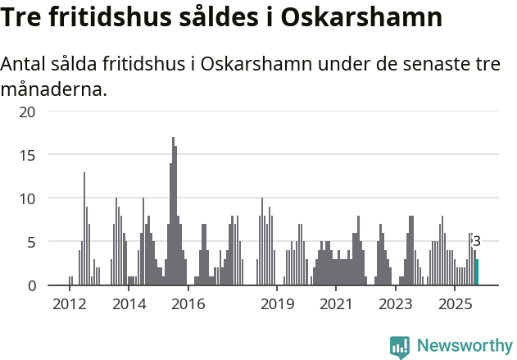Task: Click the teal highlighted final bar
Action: (477, 272)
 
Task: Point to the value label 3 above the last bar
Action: (477, 241)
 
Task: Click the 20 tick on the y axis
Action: (27, 111)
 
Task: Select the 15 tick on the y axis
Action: (27, 154)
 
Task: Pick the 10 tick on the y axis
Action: (27, 198)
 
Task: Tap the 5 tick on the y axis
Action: (31, 242)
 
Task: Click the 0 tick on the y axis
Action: (31, 285)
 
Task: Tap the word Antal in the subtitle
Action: (25, 64)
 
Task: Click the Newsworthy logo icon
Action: (400, 347)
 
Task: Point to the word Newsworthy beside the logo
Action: (465, 347)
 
